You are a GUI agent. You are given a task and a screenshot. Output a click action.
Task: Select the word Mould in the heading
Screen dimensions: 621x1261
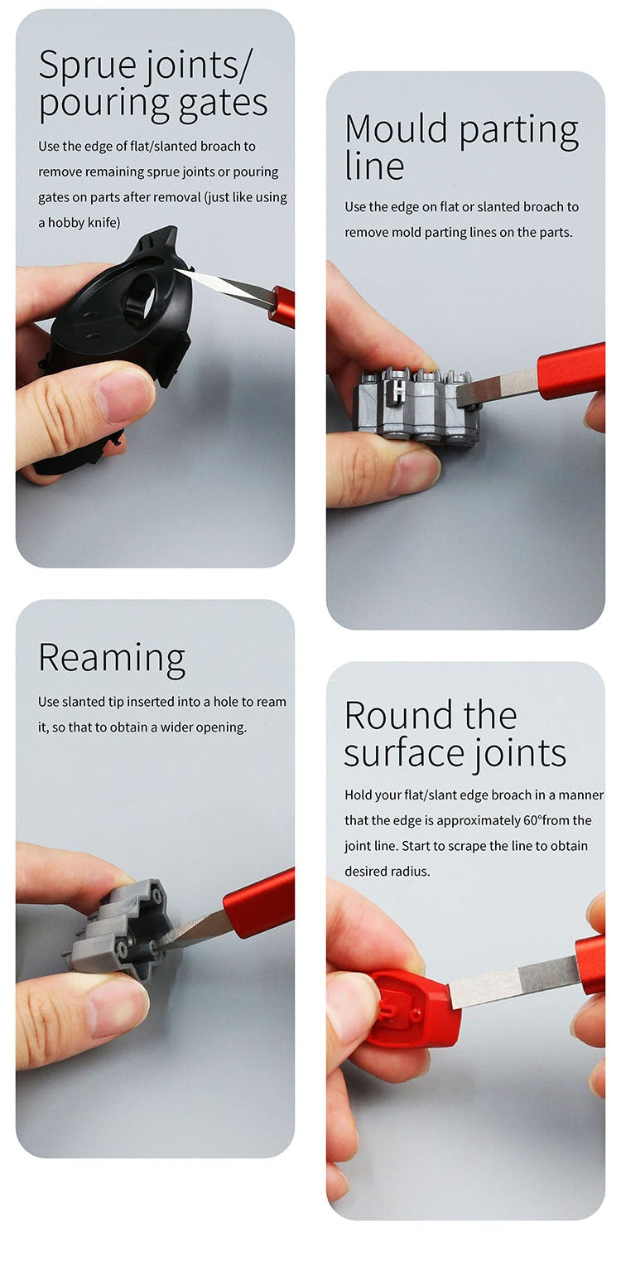[396, 128]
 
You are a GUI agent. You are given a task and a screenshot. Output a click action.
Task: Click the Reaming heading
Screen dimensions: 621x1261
[112, 659]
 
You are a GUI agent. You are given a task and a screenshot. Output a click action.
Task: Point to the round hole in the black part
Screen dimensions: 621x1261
[142, 291]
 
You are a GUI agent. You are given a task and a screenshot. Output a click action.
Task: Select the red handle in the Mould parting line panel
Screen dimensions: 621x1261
[571, 370]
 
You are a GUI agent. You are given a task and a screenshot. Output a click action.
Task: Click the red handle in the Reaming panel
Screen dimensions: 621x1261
[259, 903]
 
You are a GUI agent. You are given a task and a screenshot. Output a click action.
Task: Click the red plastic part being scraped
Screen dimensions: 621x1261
[414, 1008]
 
